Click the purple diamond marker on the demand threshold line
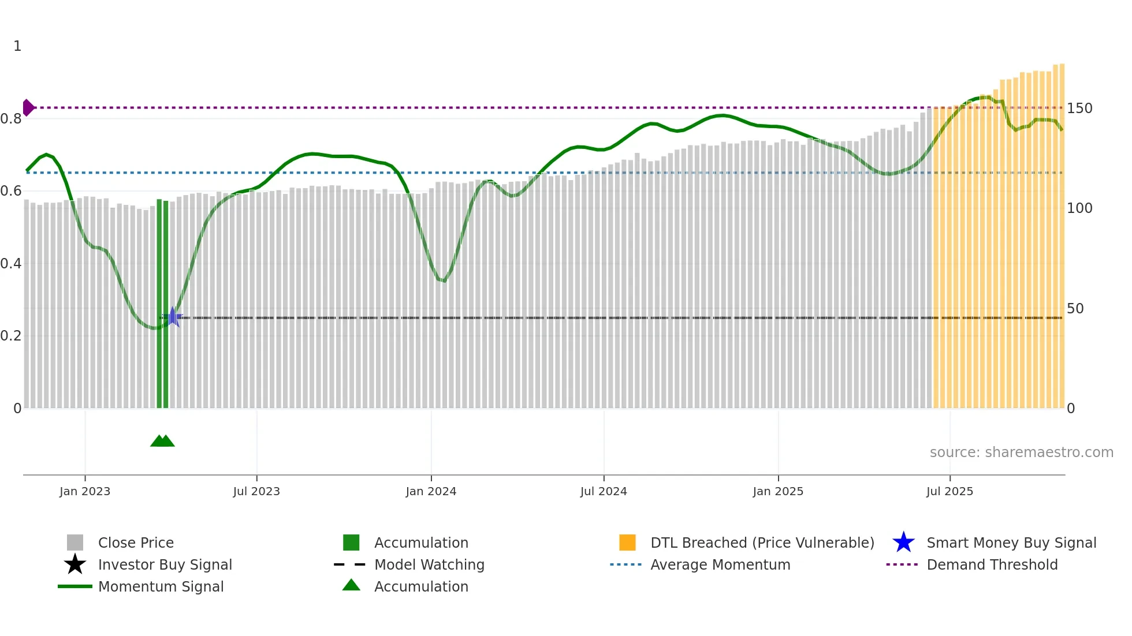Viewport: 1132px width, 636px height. pyautogui.click(x=28, y=107)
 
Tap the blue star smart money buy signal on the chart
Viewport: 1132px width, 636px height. pyautogui.click(x=172, y=317)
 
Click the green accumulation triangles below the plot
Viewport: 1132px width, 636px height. pyautogui.click(x=162, y=441)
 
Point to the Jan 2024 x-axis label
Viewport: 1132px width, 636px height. pyautogui.click(x=431, y=491)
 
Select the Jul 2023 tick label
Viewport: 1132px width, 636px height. pyautogui.click(x=256, y=491)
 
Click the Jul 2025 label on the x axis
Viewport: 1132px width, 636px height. pyautogui.click(x=949, y=491)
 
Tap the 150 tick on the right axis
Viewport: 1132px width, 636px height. pyautogui.click(x=1079, y=109)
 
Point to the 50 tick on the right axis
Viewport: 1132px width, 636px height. pyautogui.click(x=1075, y=309)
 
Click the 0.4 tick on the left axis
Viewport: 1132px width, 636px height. pyautogui.click(x=11, y=264)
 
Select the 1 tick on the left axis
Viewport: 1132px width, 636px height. pyautogui.click(x=17, y=46)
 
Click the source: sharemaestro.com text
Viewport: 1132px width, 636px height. pyautogui.click(x=1021, y=452)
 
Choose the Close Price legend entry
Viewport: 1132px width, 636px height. pyautogui.click(x=136, y=543)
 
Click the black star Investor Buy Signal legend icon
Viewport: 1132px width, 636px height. pyautogui.click(x=75, y=564)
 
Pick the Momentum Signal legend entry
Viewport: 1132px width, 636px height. pyautogui.click(x=161, y=586)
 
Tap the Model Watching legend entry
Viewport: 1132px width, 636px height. pyautogui.click(x=429, y=564)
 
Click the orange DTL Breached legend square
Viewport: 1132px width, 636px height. pyautogui.click(x=627, y=543)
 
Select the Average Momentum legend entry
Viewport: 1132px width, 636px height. pyautogui.click(x=720, y=564)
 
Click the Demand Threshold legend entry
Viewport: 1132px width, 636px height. pyautogui.click(x=992, y=564)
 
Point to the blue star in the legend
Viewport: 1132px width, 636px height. pyautogui.click(x=903, y=543)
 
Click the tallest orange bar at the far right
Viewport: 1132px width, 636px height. pyautogui.click(x=1062, y=231)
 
